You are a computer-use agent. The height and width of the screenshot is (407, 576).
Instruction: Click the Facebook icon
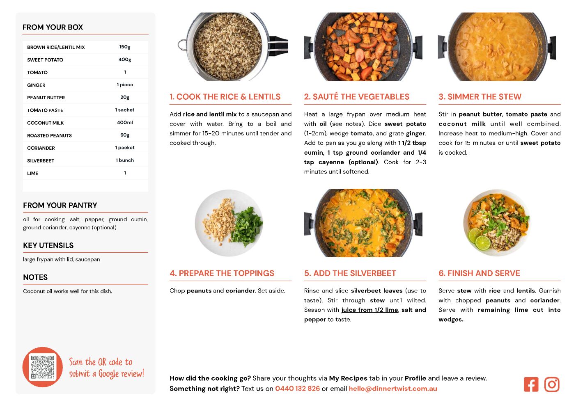click(x=531, y=384)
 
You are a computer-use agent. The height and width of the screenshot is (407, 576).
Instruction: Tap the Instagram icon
click(x=552, y=384)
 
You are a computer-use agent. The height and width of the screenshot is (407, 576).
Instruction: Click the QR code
click(x=43, y=367)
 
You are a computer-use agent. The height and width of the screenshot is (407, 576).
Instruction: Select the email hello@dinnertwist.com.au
click(x=392, y=389)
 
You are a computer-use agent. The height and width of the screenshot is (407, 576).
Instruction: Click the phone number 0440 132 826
click(x=297, y=389)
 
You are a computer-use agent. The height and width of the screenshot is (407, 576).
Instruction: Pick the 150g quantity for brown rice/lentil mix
click(x=125, y=47)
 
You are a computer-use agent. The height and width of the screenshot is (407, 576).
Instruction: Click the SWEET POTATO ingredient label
click(x=45, y=60)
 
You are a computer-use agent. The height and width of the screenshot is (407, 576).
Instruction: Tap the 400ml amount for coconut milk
click(x=125, y=123)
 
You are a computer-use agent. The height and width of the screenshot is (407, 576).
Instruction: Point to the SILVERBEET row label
click(x=41, y=160)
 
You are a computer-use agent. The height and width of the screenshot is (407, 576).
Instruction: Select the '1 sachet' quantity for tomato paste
click(x=125, y=110)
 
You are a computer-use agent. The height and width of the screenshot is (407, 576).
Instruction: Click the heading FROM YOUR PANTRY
click(x=60, y=205)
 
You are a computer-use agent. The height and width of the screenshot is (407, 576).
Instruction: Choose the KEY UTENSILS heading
click(x=48, y=245)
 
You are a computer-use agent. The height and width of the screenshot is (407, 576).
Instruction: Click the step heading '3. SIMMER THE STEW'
click(x=480, y=96)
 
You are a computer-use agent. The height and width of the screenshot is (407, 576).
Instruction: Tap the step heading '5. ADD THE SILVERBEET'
click(x=350, y=273)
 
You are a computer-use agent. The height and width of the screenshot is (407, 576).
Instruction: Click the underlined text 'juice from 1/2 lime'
click(x=369, y=310)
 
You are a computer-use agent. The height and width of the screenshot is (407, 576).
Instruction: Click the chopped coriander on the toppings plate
click(x=246, y=226)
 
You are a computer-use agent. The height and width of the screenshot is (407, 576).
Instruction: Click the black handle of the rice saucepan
click(x=278, y=46)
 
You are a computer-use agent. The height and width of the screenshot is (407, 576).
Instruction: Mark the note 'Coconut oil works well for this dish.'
click(x=68, y=291)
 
